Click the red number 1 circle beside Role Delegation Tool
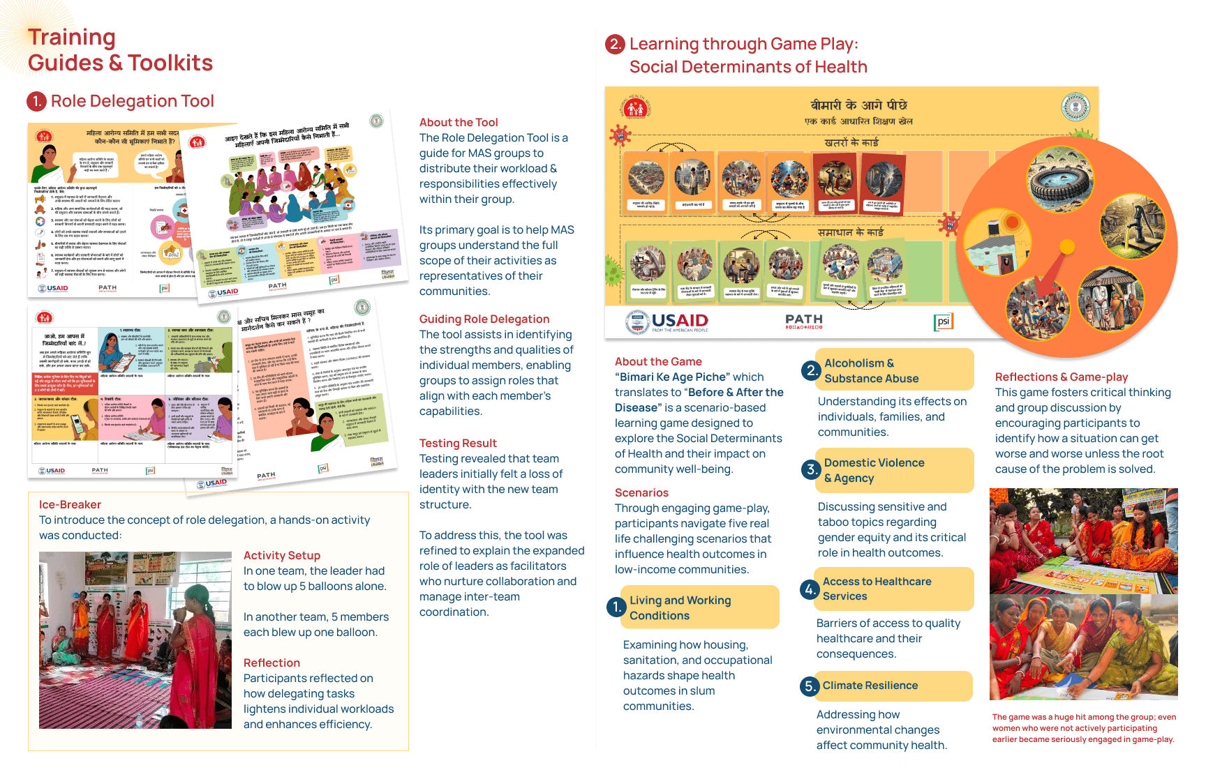click(x=36, y=102)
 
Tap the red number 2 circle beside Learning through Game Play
click(x=614, y=45)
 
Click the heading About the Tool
click(x=459, y=123)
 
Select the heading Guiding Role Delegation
click(x=484, y=319)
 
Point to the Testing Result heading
click(x=458, y=444)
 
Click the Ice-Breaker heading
click(x=70, y=505)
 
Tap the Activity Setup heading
click(x=281, y=556)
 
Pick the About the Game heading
click(x=658, y=362)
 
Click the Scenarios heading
click(x=641, y=493)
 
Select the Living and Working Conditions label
click(x=680, y=608)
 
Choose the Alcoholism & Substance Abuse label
click(x=871, y=371)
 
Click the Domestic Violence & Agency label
click(x=874, y=471)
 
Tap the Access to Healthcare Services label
click(x=877, y=589)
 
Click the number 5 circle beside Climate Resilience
click(x=809, y=686)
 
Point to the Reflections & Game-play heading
click(x=1061, y=377)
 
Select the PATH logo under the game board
click(x=804, y=321)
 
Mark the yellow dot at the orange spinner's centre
click(x=1066, y=246)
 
